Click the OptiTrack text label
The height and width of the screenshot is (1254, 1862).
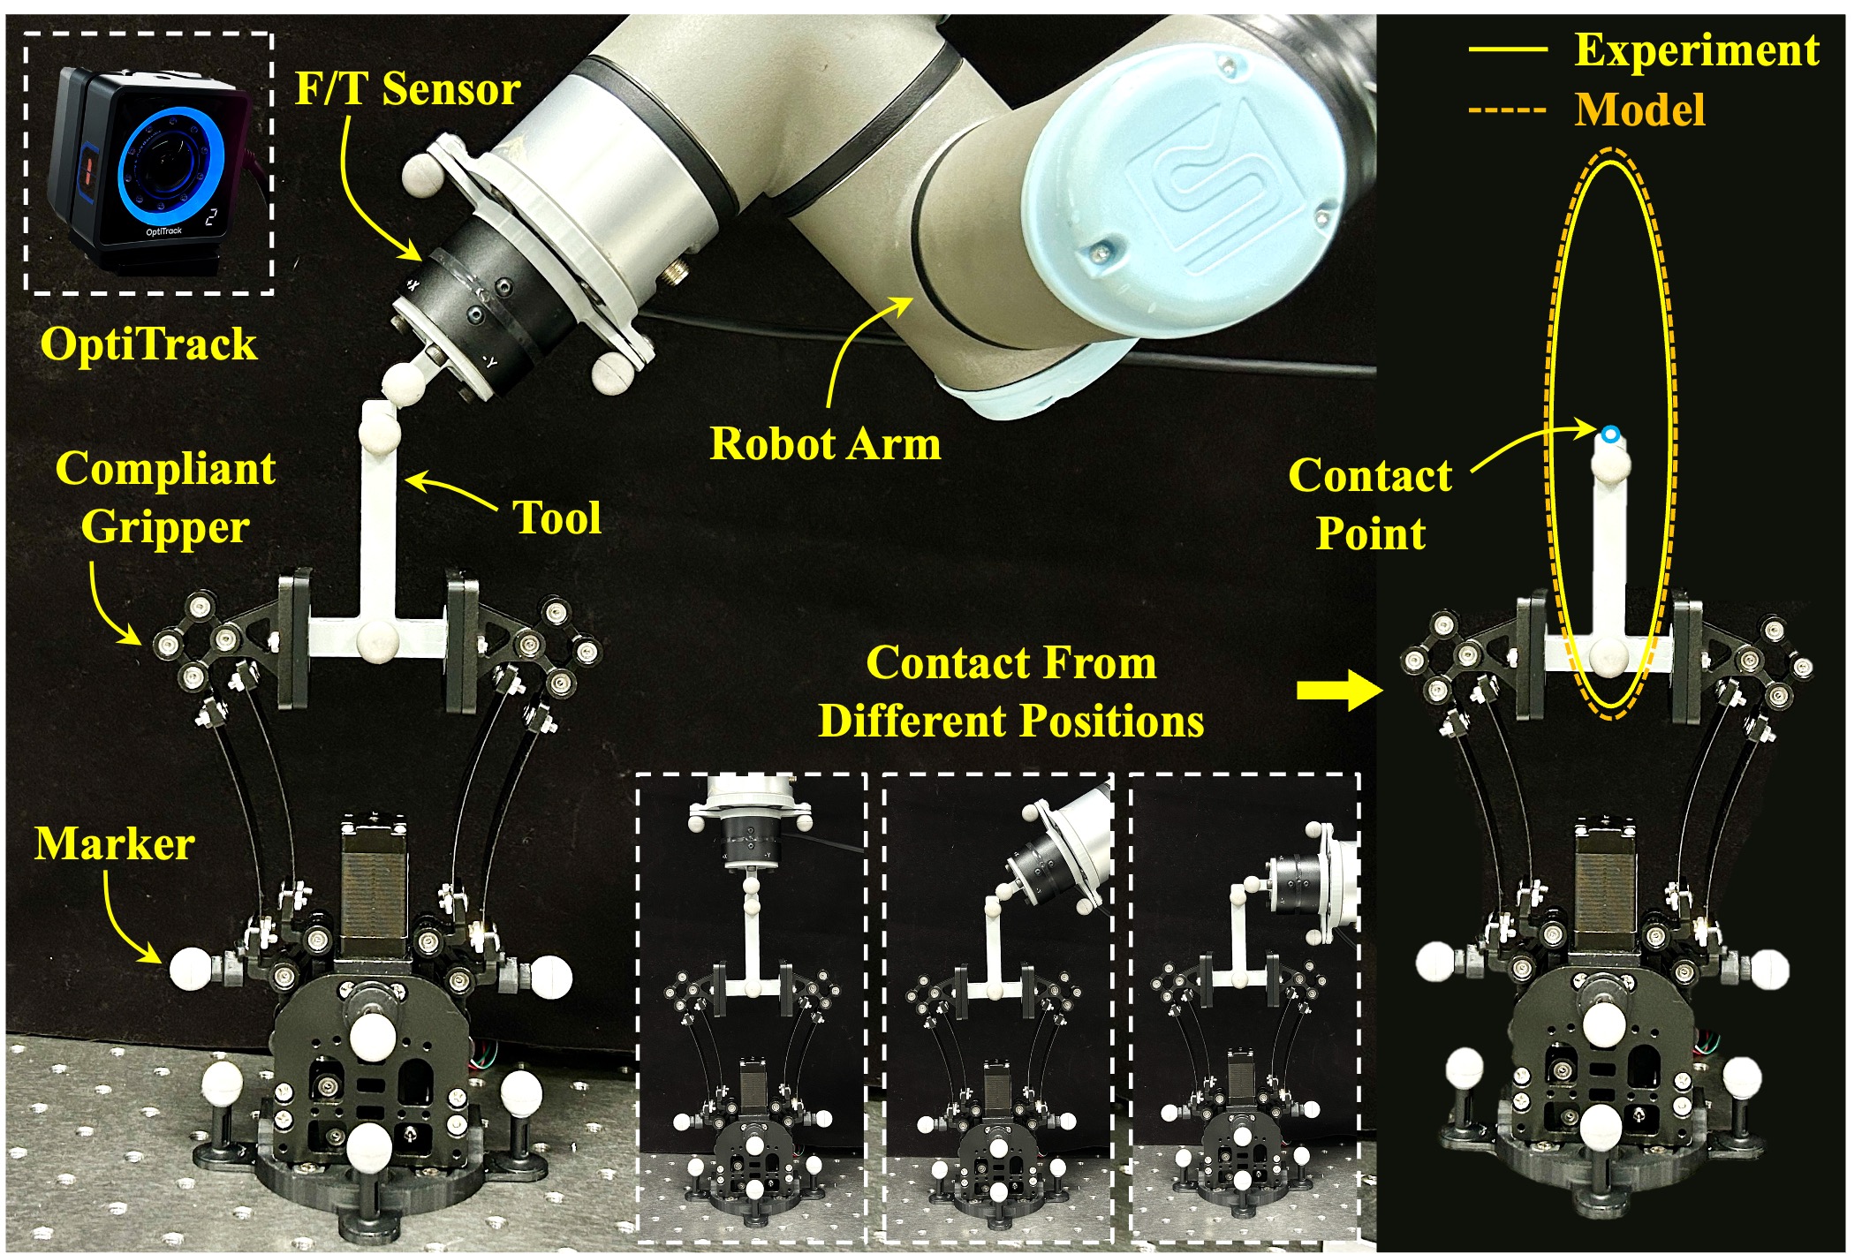(148, 344)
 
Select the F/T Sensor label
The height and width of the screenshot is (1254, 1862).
(407, 89)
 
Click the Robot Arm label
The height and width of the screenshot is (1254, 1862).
(826, 443)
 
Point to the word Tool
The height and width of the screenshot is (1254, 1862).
(557, 517)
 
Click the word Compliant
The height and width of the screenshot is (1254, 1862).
(165, 468)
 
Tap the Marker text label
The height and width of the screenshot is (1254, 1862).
(115, 844)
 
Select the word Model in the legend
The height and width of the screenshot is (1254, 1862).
(1639, 110)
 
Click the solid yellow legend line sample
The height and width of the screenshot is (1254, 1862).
(1508, 49)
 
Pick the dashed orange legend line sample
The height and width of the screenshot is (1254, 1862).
(1508, 110)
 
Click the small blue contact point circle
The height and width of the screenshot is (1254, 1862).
(1610, 434)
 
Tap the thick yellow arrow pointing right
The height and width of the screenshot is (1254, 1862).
(1339, 690)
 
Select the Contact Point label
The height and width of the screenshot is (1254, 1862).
(1370, 504)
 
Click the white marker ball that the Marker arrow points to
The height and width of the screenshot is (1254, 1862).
(192, 968)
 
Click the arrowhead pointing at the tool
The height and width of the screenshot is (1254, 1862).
(417, 481)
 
